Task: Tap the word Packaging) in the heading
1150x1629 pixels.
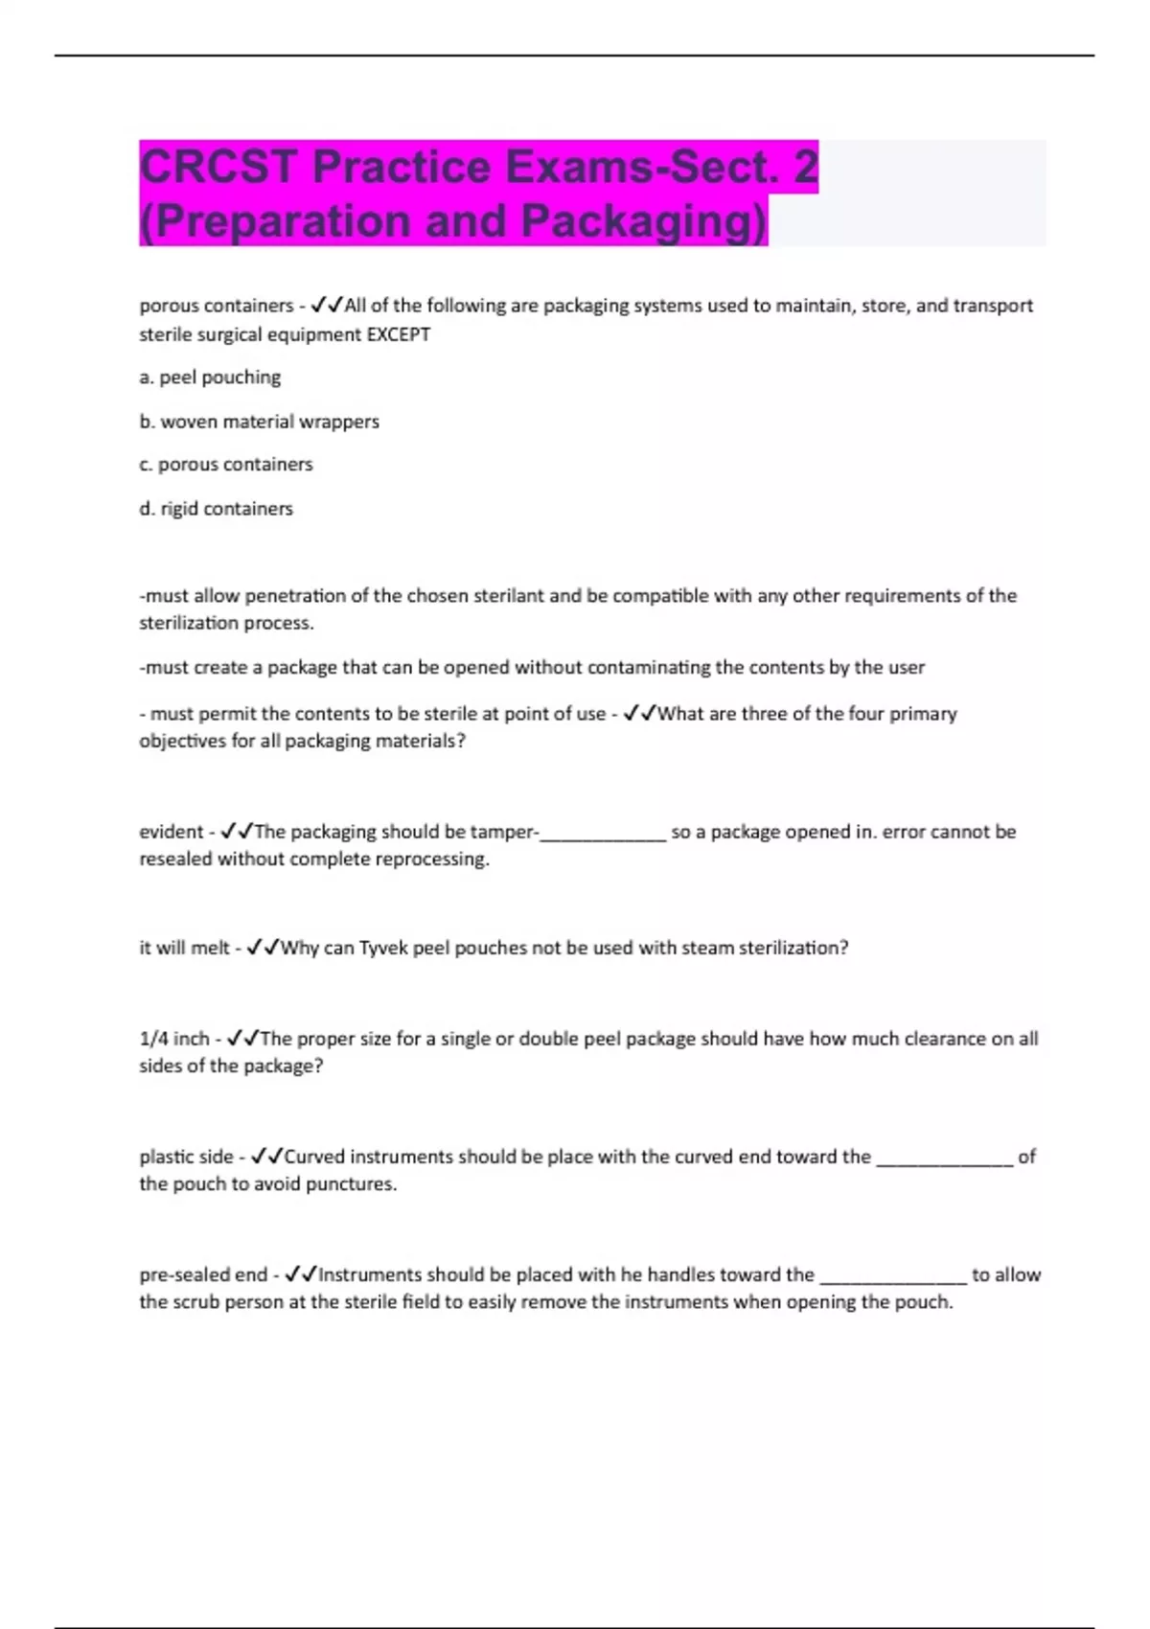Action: pos(644,220)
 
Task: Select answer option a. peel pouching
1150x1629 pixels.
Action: pos(210,378)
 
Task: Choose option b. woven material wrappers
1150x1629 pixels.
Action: pos(259,422)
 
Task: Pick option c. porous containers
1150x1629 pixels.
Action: pos(226,465)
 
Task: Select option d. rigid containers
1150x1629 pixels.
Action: pos(216,509)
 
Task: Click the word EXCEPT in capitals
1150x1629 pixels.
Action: pos(399,334)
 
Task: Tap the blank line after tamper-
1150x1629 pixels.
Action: pos(604,834)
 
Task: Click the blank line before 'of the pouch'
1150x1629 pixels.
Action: pos(945,1159)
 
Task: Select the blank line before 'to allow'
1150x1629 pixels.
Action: pos(893,1276)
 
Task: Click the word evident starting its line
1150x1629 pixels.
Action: pos(172,832)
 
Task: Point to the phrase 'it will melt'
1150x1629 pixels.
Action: pos(185,948)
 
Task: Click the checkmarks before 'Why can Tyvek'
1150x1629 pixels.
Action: pos(263,948)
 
